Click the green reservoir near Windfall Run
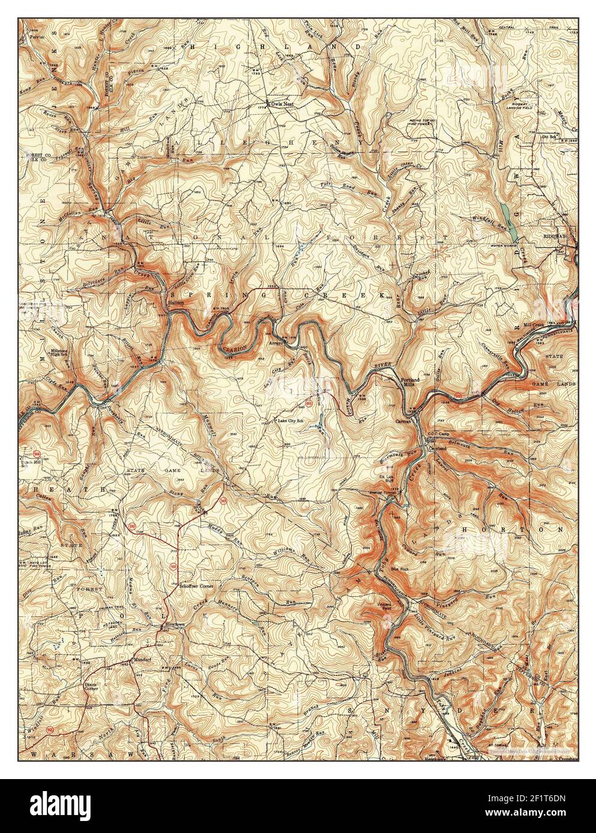click(504, 211)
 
